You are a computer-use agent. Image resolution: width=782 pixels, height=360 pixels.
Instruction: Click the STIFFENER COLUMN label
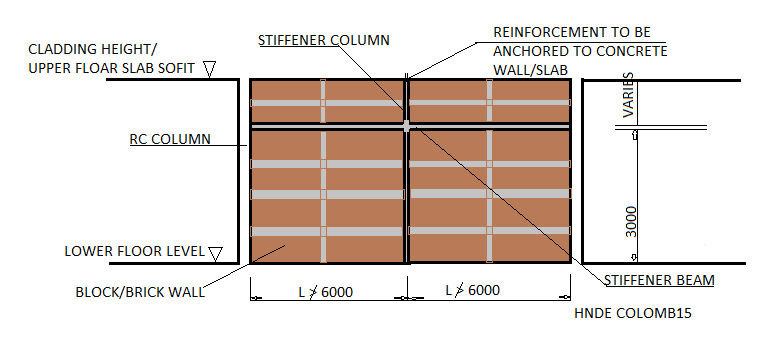coord(322,41)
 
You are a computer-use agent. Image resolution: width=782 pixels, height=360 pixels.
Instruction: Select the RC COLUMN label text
coord(170,139)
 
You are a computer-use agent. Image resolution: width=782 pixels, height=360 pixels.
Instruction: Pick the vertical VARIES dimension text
coord(629,95)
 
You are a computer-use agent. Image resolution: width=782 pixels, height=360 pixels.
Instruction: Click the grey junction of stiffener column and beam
coord(406,126)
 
